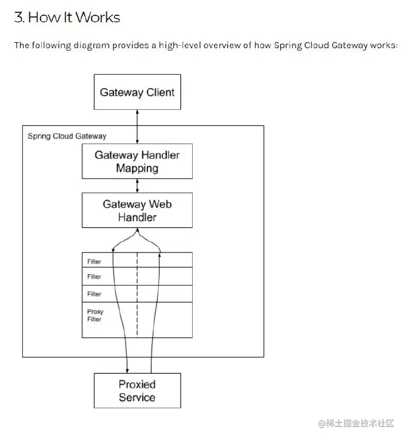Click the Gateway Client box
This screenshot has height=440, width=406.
pyautogui.click(x=137, y=92)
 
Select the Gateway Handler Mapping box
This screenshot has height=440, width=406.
pyautogui.click(x=137, y=162)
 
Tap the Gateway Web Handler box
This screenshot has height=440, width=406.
pyautogui.click(x=137, y=211)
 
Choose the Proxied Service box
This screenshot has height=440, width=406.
pyautogui.click(x=137, y=391)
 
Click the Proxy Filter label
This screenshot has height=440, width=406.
pyautogui.click(x=95, y=315)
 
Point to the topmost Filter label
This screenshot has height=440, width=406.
pyautogui.click(x=94, y=261)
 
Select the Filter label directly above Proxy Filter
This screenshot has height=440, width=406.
pyautogui.click(x=94, y=294)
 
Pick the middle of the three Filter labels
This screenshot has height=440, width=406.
pyautogui.click(x=94, y=277)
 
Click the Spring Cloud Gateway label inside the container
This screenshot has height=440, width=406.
pyautogui.click(x=67, y=136)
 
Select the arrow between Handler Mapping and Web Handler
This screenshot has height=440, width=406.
pyautogui.click(x=137, y=186)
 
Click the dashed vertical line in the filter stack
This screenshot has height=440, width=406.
pyautogui.click(x=137, y=294)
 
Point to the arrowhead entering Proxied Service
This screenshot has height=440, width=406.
pyautogui.click(x=127, y=370)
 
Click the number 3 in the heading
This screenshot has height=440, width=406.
pyautogui.click(x=18, y=18)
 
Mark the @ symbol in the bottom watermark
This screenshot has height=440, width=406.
pyautogui.click(x=321, y=424)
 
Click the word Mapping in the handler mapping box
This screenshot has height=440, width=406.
pyautogui.click(x=137, y=169)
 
